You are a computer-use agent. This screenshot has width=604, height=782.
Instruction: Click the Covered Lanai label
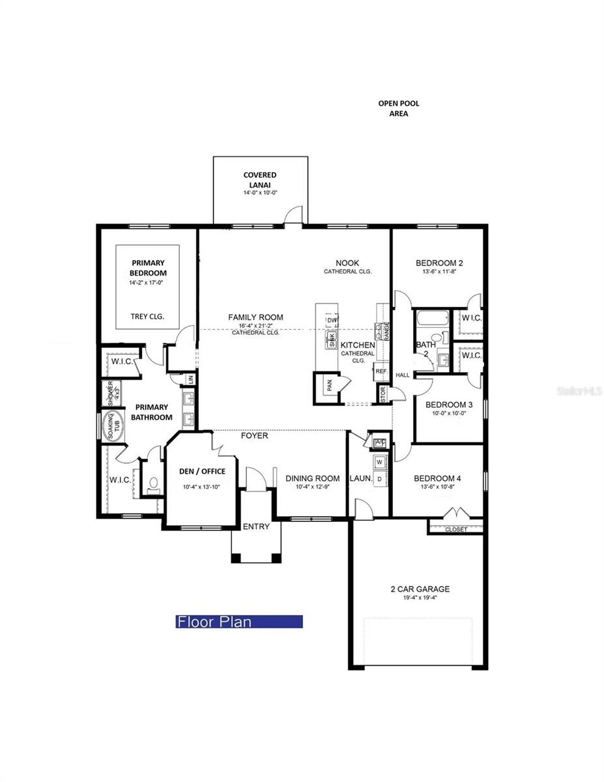coord(260,179)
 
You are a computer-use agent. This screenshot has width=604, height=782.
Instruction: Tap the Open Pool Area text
coord(399,108)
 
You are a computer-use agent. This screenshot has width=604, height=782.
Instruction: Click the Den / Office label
coord(203,471)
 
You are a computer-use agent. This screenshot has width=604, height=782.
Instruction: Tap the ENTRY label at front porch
coord(255,527)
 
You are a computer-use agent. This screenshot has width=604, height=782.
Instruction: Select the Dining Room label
coord(312,478)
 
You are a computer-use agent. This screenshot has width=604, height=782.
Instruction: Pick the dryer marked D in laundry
coord(379,479)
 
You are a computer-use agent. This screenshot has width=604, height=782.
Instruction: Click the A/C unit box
coord(380,442)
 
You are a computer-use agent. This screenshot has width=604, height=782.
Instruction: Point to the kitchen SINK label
coord(330,338)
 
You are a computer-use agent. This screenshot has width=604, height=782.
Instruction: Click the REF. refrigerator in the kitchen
coord(381,371)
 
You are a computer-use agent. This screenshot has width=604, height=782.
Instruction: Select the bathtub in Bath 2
coord(429,320)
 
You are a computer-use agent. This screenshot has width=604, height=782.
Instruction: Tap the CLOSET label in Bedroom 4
coord(455,529)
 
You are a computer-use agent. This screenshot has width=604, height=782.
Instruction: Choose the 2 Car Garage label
coord(420,589)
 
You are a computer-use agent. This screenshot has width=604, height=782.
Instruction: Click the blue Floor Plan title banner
coord(239,622)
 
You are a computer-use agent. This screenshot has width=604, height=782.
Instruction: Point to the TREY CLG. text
coord(147,317)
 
